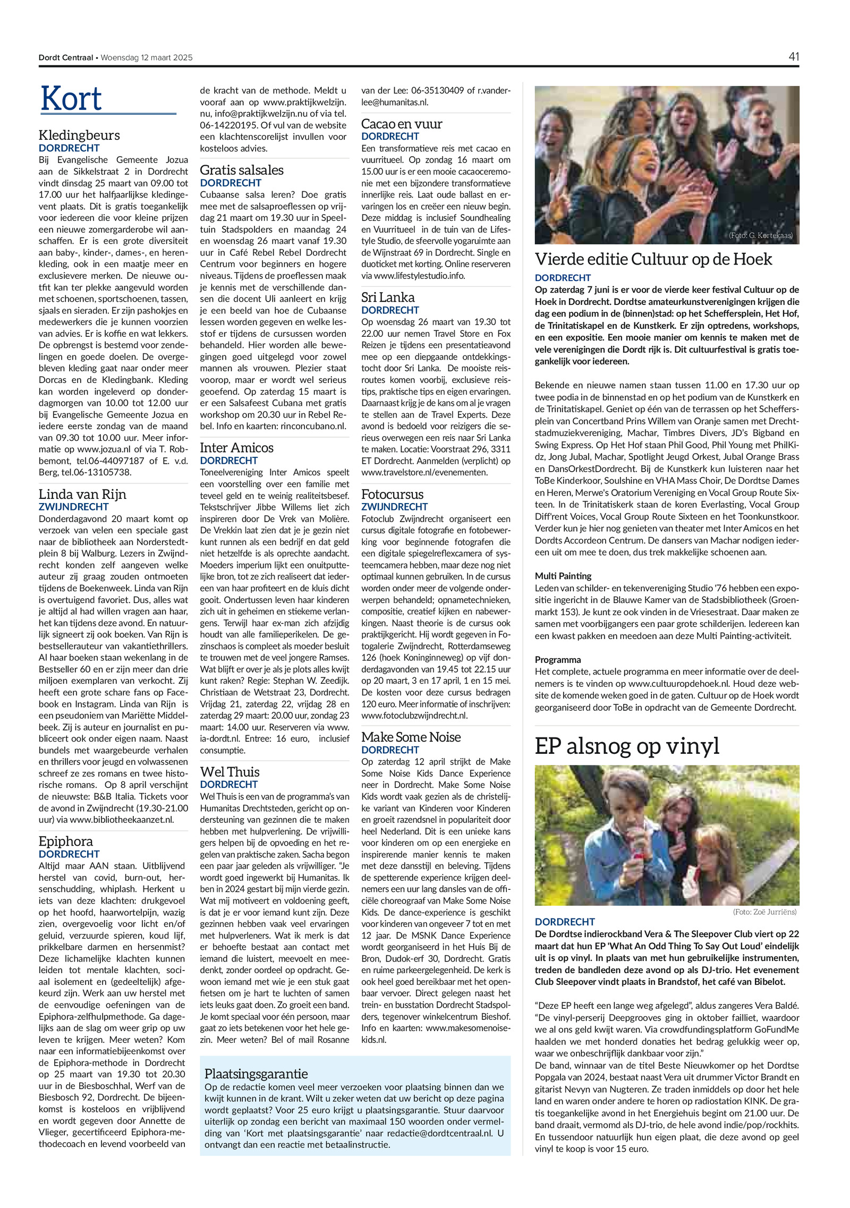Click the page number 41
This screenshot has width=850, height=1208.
(x=794, y=57)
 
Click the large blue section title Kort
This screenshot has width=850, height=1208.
(x=71, y=99)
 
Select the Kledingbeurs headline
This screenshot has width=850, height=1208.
(x=79, y=135)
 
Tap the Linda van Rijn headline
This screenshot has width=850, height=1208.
(x=82, y=494)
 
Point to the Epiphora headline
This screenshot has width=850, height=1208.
(x=66, y=841)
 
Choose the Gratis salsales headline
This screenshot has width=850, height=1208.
(x=242, y=170)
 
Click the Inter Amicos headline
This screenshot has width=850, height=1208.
(x=236, y=448)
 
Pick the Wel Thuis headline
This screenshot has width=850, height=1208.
(x=229, y=772)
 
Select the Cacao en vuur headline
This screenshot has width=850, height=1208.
(x=402, y=124)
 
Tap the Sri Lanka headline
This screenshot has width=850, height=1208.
(x=388, y=297)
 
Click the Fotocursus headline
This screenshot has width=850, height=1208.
(x=393, y=494)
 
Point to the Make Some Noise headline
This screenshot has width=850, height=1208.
(x=411, y=737)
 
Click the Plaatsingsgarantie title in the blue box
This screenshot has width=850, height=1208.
(x=256, y=1074)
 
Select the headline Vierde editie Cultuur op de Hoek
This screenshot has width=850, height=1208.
(x=653, y=259)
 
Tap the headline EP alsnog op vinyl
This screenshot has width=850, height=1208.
(x=626, y=746)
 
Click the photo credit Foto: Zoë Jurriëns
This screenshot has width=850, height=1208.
(x=764, y=912)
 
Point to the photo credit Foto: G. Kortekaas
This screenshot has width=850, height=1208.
(x=760, y=235)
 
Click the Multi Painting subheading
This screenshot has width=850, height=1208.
(x=563, y=576)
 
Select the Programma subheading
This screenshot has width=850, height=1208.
(x=557, y=660)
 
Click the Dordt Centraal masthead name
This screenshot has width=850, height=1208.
(x=65, y=57)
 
